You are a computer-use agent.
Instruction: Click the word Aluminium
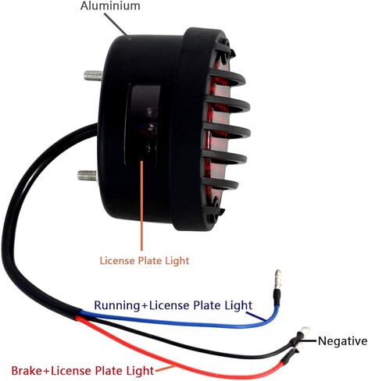coord(110,5)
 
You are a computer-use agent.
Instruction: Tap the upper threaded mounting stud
coord(93,76)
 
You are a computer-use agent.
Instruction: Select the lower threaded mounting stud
coord(88,176)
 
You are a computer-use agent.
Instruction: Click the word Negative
coord(342,340)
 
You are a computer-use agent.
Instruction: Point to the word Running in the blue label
coord(117,305)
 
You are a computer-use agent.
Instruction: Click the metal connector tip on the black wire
coord(305,331)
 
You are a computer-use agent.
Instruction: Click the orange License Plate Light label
coord(145,261)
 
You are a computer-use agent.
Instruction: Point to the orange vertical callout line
coord(141,205)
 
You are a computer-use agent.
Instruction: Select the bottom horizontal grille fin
coord(220,183)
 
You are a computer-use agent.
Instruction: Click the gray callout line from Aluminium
coord(116,24)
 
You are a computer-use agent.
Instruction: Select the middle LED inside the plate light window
coord(151,128)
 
